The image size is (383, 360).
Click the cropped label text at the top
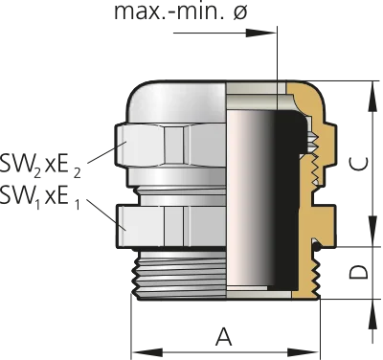pos(182,11)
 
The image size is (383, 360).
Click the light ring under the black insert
pos(259,292)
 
